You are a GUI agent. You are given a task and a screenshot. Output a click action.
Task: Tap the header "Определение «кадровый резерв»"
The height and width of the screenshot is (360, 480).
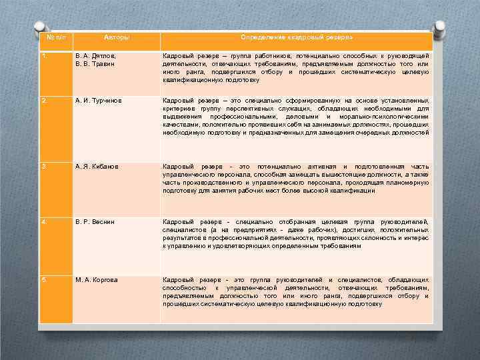coord(296,39)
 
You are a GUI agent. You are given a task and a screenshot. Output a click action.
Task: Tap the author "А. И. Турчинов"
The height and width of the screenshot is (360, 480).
coord(99,101)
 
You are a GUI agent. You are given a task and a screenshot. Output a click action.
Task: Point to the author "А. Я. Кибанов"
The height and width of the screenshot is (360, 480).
coord(97,165)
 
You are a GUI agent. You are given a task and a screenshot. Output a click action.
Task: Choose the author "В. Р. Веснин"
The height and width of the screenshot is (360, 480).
coord(95,221)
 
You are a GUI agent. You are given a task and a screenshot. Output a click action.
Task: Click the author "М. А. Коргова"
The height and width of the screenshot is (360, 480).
coord(97,279)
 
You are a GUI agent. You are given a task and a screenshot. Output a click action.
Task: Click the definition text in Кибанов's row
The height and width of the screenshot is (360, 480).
coord(295,178)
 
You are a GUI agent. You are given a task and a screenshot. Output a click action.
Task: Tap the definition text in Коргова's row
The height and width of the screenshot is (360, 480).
coord(295,291)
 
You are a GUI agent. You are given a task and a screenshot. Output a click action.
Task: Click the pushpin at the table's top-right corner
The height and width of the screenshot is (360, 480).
coord(439,27)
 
